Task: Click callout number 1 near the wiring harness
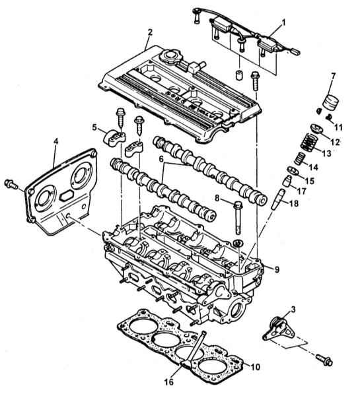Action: (283, 22)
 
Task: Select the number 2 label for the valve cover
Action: (150, 32)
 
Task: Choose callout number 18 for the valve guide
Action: (293, 203)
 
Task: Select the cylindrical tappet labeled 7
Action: (331, 102)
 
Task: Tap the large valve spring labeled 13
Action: (309, 143)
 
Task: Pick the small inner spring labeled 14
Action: (300, 158)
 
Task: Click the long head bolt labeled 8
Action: (238, 217)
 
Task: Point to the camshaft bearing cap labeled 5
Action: (114, 137)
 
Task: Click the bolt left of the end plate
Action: (11, 183)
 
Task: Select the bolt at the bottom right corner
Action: (324, 360)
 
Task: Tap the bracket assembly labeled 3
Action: (279, 329)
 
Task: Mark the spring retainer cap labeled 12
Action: (316, 128)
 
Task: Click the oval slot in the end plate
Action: (67, 195)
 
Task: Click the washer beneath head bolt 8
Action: (238, 243)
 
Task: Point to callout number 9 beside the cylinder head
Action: (277, 270)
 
